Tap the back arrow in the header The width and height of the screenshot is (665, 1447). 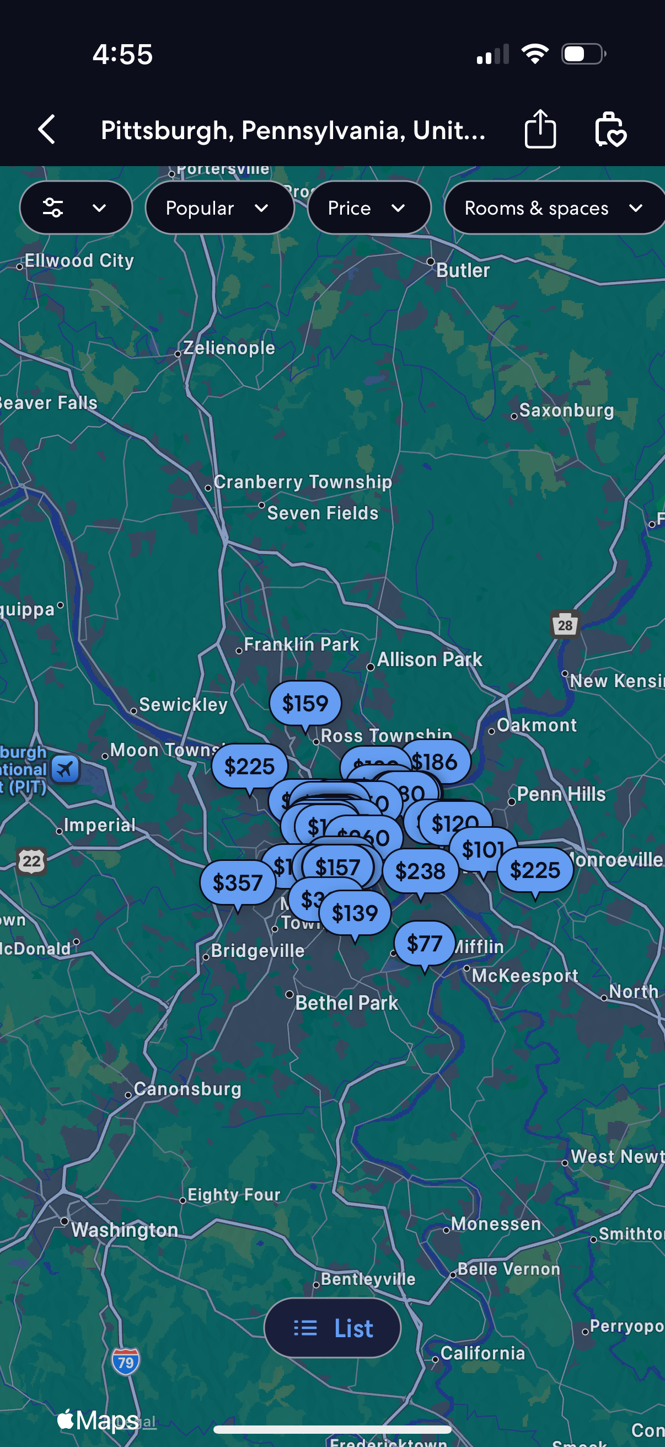pos(47,130)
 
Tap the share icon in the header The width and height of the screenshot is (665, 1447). pos(540,129)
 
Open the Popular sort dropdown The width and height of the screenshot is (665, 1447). pos(219,208)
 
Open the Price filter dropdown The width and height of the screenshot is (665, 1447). pos(368,208)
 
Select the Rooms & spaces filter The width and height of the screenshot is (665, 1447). pos(553,208)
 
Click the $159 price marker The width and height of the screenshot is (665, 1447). pos(305,703)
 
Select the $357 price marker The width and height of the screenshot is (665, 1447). pos(237,882)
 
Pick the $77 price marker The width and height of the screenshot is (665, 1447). pos(424,943)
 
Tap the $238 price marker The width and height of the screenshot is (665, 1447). pos(420,871)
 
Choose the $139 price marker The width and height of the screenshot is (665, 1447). pos(355,913)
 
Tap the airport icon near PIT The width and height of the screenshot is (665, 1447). pos(65,768)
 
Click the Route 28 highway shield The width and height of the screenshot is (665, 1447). pos(565,625)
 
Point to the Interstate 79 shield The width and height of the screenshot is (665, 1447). pos(126,1361)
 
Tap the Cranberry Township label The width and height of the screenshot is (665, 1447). pos(303,482)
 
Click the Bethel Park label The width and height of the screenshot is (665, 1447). pos(346,1003)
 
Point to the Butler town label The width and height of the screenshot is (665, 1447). pos(463,270)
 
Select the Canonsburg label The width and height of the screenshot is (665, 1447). pos(187,1089)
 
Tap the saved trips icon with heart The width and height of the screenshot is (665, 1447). pos(610,130)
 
